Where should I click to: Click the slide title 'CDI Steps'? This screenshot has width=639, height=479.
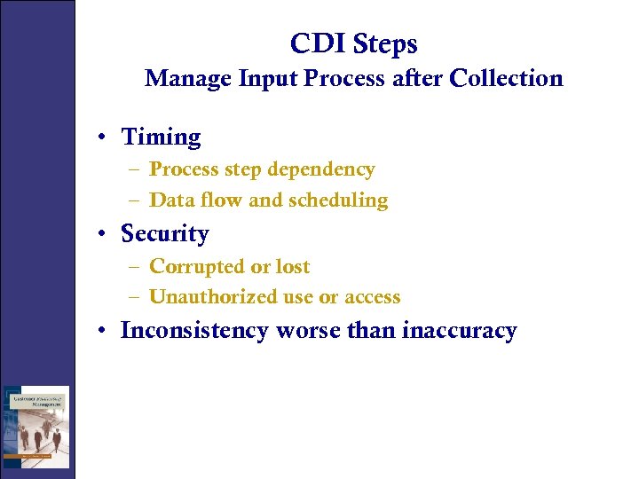(x=353, y=43)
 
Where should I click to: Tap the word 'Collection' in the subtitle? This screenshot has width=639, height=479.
(x=506, y=79)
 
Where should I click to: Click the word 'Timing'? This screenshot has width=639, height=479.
(x=161, y=137)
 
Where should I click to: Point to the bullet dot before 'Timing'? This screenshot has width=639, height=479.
(x=104, y=138)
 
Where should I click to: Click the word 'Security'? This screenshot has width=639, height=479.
(x=164, y=234)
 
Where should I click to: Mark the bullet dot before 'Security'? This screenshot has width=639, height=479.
(x=104, y=235)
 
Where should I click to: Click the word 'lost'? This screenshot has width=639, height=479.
(x=292, y=267)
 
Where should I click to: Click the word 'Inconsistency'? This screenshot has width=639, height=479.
(x=194, y=331)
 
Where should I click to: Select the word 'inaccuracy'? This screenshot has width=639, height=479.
(x=459, y=331)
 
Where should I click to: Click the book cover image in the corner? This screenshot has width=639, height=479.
(x=35, y=427)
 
